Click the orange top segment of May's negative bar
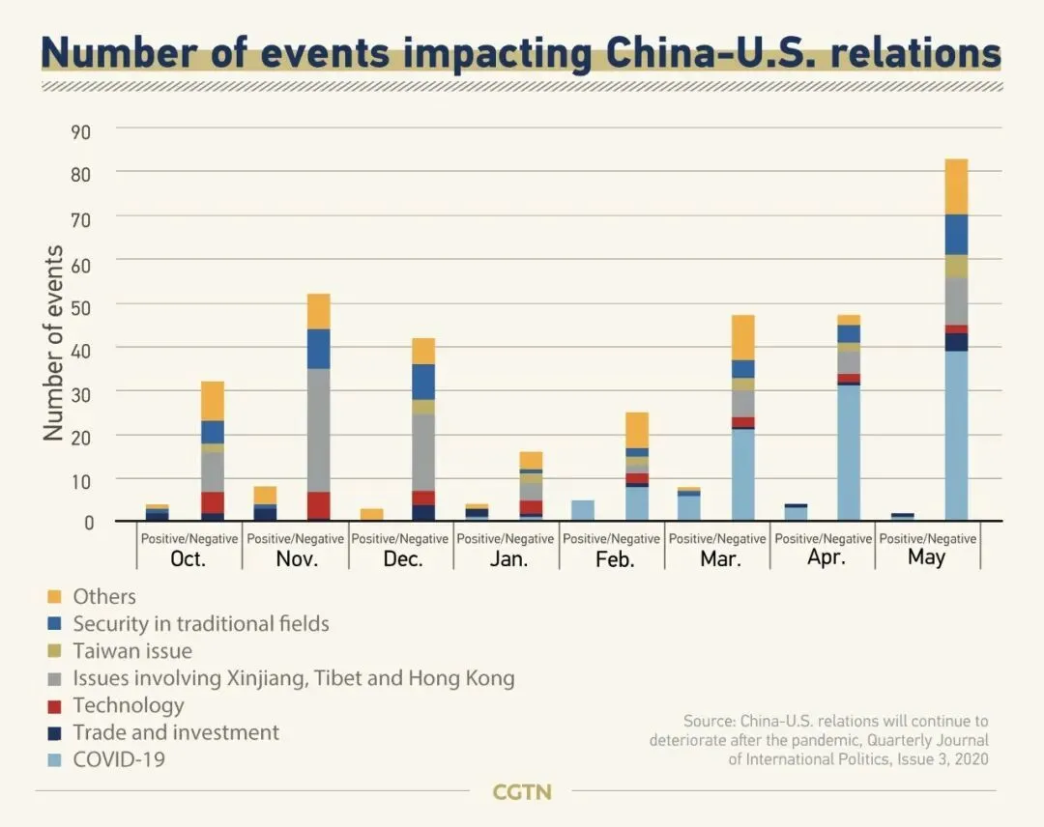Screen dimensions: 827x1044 956,186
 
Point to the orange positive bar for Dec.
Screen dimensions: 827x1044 371,515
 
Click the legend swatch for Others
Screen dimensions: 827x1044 54,597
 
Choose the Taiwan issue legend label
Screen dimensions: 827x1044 132,651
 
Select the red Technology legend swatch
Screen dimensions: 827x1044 54,706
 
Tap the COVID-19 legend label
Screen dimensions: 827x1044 119,759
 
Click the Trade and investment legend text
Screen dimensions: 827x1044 176,732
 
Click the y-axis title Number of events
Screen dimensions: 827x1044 54,343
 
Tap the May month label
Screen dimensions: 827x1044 926,557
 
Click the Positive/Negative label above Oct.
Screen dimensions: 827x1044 189,538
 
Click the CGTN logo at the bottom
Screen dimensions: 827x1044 522,792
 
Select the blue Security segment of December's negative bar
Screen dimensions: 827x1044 423,382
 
